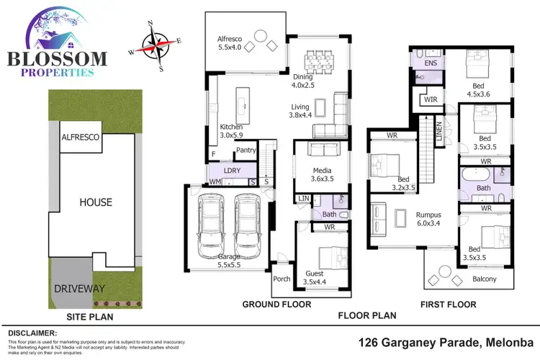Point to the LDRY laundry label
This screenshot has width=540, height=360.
[x=232, y=171]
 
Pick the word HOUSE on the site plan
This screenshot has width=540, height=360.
[x=96, y=202]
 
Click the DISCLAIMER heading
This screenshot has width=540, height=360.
[x=32, y=333]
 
